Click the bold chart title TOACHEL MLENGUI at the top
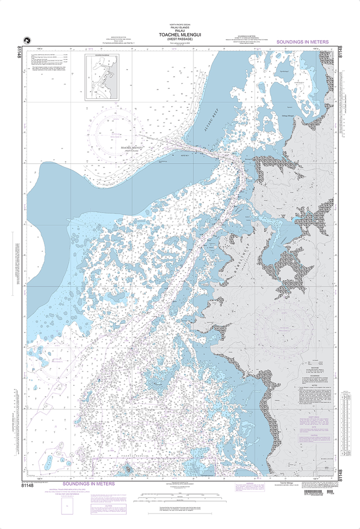point(181,35)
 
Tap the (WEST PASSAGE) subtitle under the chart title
point(181,40)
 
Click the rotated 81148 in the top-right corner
point(340,55)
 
